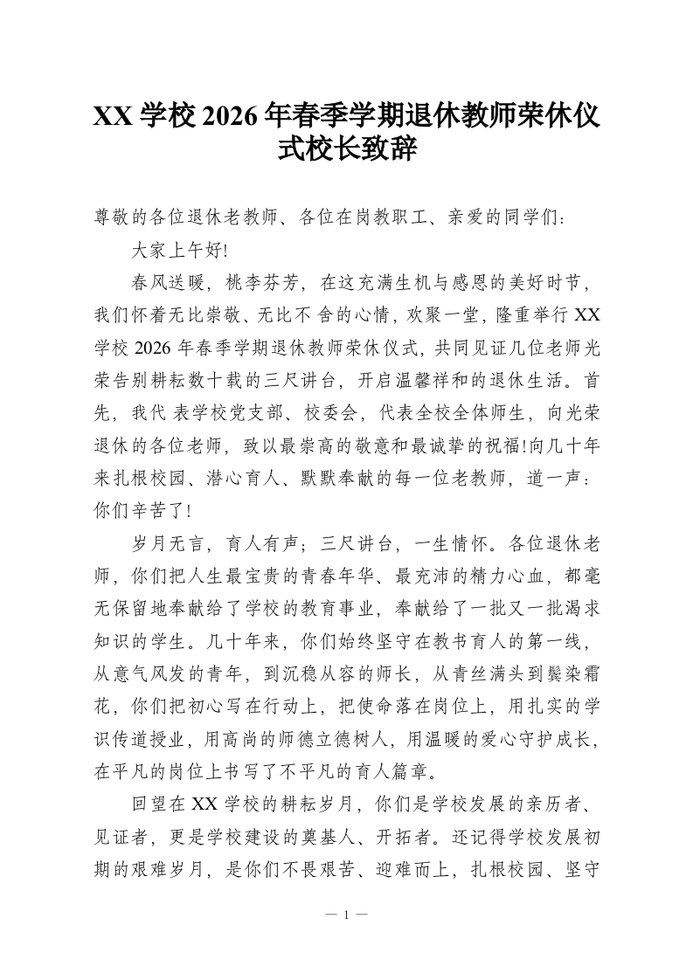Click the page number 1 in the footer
[346, 914]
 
